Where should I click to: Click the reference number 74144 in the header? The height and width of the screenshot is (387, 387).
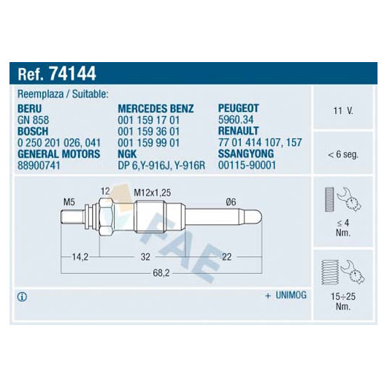click(x=72, y=74)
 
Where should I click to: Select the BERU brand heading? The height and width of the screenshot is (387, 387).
click(x=30, y=109)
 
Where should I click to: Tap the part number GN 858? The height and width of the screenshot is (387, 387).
click(x=34, y=120)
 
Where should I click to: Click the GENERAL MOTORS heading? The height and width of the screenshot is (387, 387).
click(x=58, y=154)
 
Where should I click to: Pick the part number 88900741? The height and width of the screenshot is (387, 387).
click(x=39, y=165)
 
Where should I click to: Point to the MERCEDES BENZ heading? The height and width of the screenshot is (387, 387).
click(x=156, y=109)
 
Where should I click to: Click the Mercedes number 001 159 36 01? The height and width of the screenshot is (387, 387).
click(x=148, y=131)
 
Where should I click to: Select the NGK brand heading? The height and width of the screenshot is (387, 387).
click(x=127, y=154)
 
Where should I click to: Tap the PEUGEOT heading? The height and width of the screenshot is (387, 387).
click(x=239, y=108)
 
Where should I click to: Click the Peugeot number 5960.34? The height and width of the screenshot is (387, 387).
click(x=236, y=120)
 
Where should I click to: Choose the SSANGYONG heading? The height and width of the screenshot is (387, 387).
click(x=246, y=153)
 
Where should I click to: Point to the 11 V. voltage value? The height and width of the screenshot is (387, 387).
click(x=343, y=111)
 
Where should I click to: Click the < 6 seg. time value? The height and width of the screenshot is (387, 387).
click(x=342, y=155)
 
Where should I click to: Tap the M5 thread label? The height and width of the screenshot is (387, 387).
click(x=69, y=202)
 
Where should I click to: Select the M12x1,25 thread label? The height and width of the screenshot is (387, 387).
click(x=153, y=193)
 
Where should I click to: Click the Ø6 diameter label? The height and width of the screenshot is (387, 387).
click(x=231, y=202)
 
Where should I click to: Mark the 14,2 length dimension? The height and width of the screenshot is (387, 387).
click(x=80, y=257)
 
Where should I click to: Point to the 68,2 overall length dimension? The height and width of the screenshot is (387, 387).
click(x=161, y=273)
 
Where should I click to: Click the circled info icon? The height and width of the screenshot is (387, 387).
click(x=22, y=297)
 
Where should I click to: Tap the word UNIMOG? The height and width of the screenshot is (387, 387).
click(x=291, y=295)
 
